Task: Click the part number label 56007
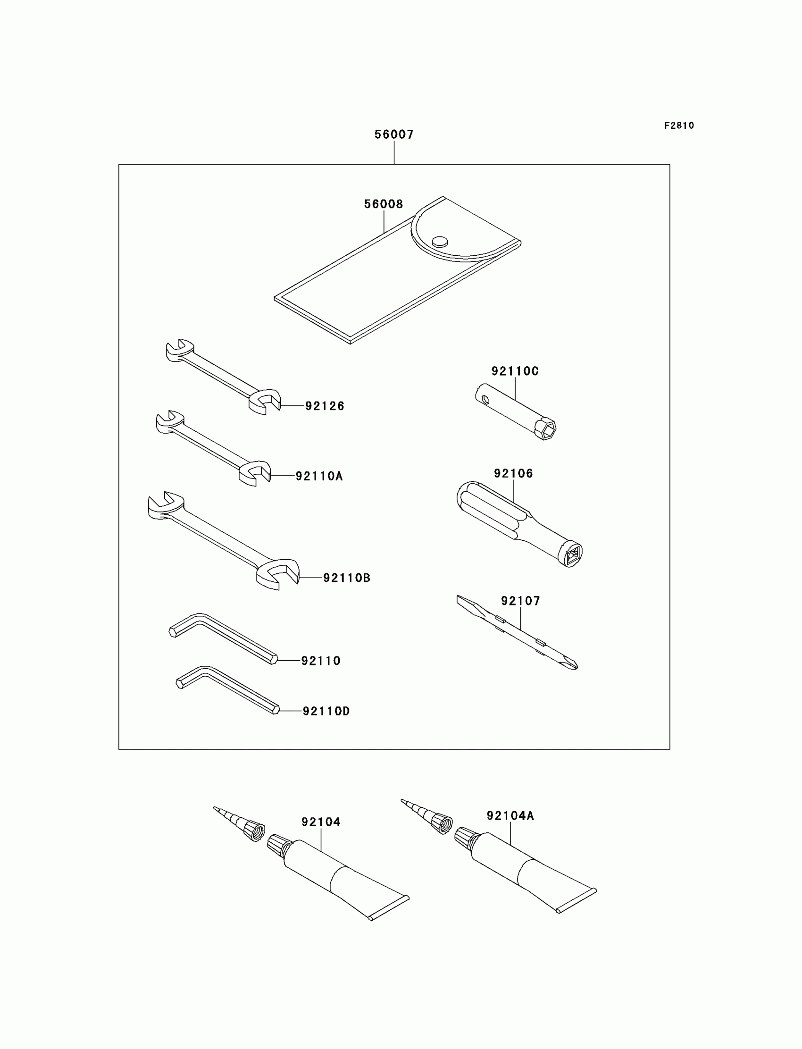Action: point(394,134)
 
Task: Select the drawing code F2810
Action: point(679,126)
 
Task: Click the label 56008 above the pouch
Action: point(384,204)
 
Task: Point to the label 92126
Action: point(325,406)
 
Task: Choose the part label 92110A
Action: point(319,476)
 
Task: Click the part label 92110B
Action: point(347,578)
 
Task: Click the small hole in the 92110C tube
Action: point(485,399)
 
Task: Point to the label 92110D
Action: point(326,712)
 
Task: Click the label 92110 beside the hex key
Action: point(321,661)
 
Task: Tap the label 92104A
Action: point(510,816)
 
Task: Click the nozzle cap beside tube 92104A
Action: point(441,823)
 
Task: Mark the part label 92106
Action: point(513,474)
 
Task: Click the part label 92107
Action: point(520,601)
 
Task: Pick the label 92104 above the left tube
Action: point(321,822)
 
